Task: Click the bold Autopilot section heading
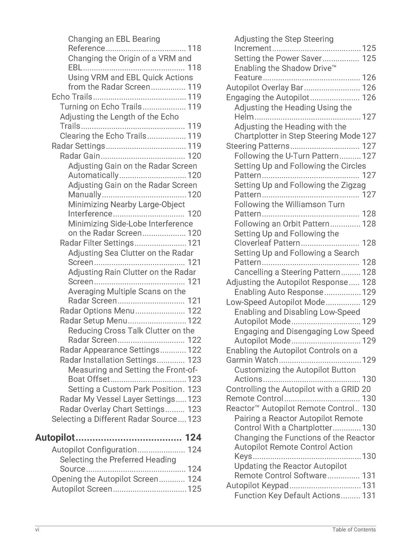click(55, 437)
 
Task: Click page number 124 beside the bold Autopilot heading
click(193, 437)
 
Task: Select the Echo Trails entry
click(72, 97)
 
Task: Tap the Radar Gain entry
click(80, 156)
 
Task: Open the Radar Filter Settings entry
click(97, 243)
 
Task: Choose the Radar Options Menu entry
click(97, 311)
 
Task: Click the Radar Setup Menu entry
click(93, 321)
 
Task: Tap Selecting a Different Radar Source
click(114, 419)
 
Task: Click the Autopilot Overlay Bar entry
click(265, 88)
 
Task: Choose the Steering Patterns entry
click(258, 146)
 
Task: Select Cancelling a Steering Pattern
click(287, 272)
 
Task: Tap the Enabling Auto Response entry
click(279, 292)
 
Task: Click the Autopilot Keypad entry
click(257, 486)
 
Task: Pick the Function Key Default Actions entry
click(287, 496)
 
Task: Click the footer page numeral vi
click(37, 529)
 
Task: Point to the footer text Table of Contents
click(354, 529)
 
